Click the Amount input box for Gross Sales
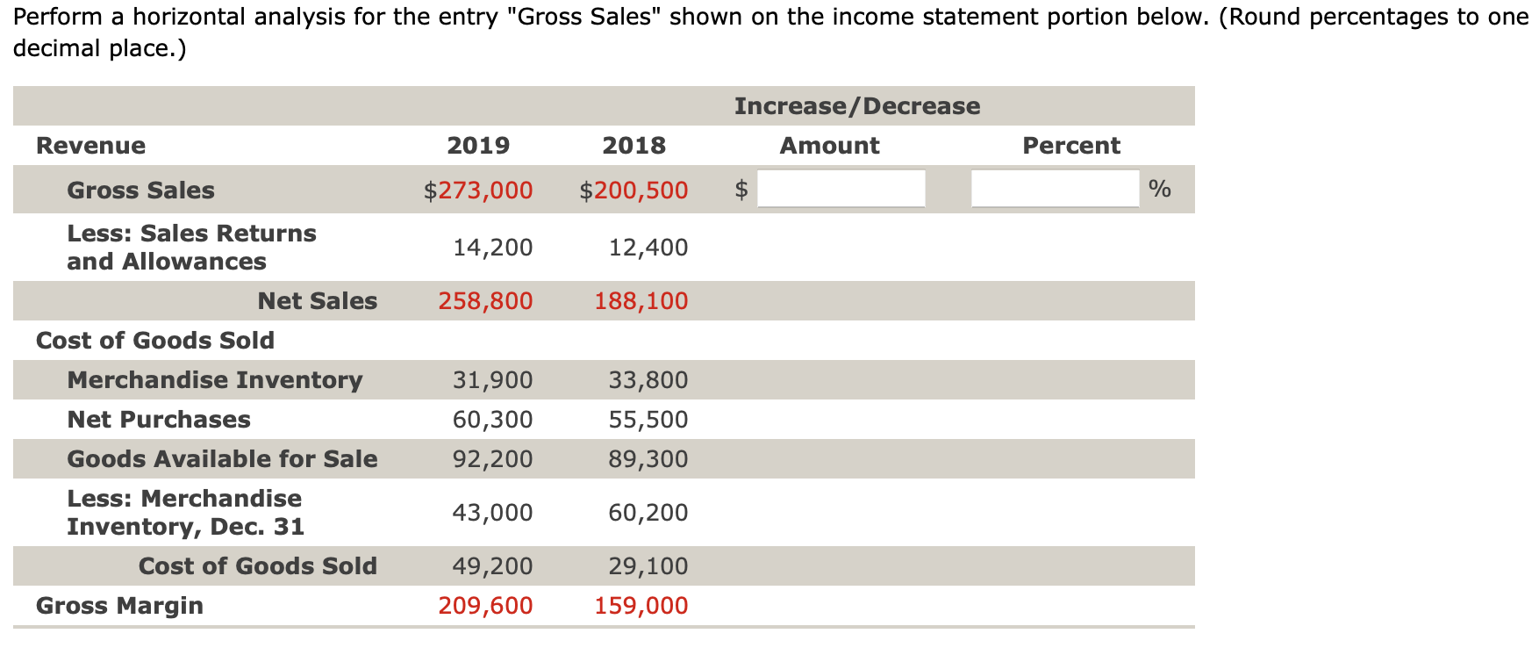[x=841, y=189]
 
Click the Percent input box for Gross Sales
[x=1055, y=189]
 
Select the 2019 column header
[x=478, y=146]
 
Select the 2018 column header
[x=633, y=146]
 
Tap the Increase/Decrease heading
[x=857, y=106]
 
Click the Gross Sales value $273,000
[x=478, y=191]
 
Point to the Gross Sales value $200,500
[x=633, y=191]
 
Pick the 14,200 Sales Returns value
[x=492, y=248]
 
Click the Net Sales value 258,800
[x=485, y=301]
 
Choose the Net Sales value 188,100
[x=641, y=301]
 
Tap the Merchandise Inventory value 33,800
[x=648, y=380]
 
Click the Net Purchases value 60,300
[x=492, y=420]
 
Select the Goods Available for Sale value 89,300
[x=648, y=459]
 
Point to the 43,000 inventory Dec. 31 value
[x=492, y=513]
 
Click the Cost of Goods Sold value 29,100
[x=648, y=566]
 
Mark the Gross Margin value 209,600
[x=485, y=606]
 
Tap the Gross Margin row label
[x=119, y=606]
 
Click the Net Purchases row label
[x=159, y=420]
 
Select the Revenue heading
[x=90, y=146]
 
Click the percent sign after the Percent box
[x=1159, y=188]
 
